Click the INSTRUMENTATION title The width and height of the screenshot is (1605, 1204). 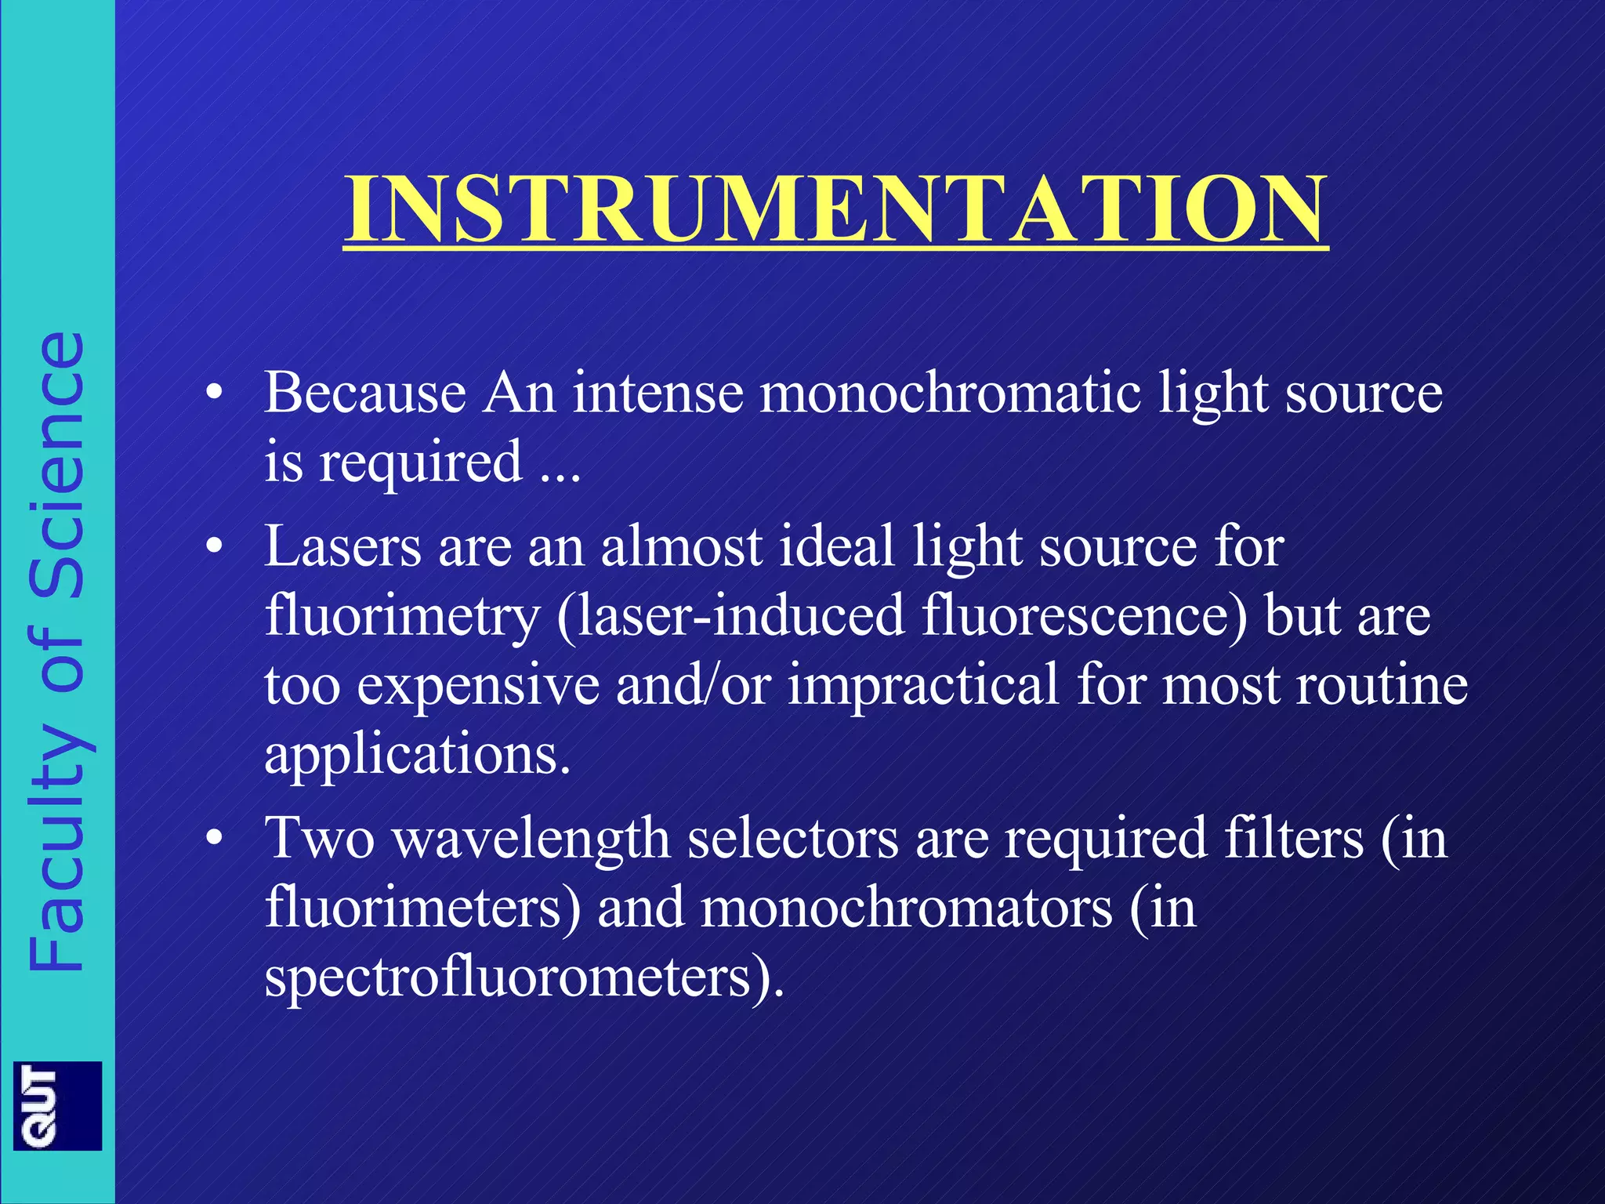pos(835,209)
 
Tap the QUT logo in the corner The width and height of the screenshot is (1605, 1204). pos(57,1105)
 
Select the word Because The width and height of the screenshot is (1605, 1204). pos(365,392)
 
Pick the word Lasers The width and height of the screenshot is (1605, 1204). pos(342,546)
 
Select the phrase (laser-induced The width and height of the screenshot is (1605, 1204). pos(730,615)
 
